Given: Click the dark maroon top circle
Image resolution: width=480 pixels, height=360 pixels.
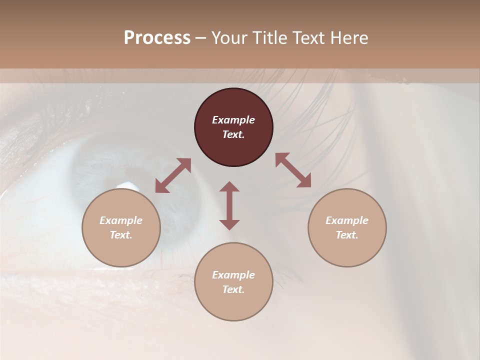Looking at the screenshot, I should (x=233, y=127).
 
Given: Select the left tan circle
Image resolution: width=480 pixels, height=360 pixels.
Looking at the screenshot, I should (x=121, y=227).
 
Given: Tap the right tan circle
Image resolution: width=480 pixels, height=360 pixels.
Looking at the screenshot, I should (x=347, y=227).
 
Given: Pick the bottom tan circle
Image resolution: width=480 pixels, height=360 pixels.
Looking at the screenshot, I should (x=233, y=282).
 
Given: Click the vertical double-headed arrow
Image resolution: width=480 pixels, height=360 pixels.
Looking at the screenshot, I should (x=229, y=205).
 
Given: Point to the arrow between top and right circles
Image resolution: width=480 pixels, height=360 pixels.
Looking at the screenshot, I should (x=293, y=170).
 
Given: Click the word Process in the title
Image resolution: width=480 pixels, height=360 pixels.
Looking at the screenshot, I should (x=157, y=38).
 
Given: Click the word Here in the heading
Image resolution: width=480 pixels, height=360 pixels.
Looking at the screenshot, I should (x=349, y=38).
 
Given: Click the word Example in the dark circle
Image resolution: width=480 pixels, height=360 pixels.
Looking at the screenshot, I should (x=233, y=120).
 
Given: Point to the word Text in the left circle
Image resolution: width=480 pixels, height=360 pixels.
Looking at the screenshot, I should (x=120, y=235).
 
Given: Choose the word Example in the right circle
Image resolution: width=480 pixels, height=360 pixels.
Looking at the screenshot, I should (x=347, y=220).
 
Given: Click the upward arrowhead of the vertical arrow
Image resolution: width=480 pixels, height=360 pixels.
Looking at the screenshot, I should (x=229, y=186).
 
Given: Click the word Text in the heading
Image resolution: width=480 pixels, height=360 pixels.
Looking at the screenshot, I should (x=309, y=38).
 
